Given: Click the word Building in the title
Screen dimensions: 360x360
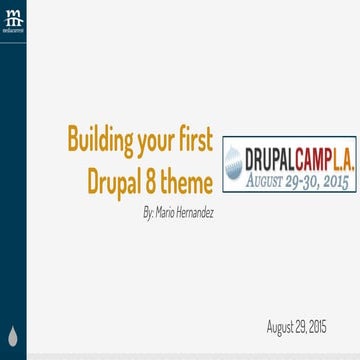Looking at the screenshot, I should [98, 138].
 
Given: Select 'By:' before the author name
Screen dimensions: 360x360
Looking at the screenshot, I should [151, 212].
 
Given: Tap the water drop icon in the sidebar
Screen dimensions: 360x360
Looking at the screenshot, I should [13, 335].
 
